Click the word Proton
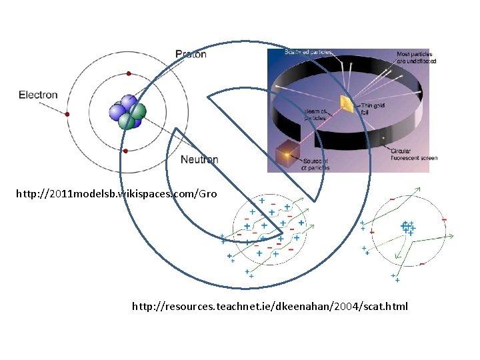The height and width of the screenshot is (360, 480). [x=191, y=54]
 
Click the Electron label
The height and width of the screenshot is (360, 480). [x=38, y=95]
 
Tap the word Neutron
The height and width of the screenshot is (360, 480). [x=199, y=160]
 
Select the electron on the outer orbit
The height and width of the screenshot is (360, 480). [x=67, y=114]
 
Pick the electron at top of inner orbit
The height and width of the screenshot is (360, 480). [x=128, y=73]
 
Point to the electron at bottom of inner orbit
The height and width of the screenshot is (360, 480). [x=125, y=151]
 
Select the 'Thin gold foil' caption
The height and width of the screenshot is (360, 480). [x=371, y=109]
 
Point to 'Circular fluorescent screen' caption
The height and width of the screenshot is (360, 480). [x=414, y=155]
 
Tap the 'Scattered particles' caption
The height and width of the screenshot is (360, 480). [x=308, y=52]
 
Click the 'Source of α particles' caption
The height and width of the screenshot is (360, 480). [x=315, y=164]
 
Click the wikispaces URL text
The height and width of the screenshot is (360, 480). [x=117, y=194]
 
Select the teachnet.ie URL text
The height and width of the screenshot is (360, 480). [x=269, y=307]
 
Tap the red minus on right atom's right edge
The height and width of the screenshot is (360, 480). [x=444, y=220]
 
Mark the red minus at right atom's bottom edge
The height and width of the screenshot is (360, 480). [x=421, y=263]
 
